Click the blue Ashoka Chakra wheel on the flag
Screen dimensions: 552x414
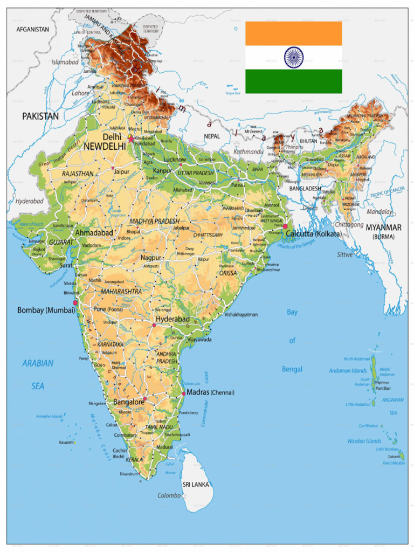tap(294, 57)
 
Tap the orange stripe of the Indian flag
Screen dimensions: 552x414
tap(294, 33)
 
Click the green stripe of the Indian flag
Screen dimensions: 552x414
tap(294, 81)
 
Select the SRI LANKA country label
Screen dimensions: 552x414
tap(196, 485)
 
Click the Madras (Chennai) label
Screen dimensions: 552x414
tap(210, 392)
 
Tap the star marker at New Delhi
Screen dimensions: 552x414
tap(130, 139)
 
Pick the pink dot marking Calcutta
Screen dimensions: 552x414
tap(285, 227)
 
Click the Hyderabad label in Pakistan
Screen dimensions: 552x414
tap(29, 201)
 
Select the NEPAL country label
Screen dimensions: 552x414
tap(212, 136)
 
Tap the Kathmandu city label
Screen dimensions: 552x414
tap(249, 152)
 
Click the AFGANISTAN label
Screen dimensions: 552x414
tap(33, 29)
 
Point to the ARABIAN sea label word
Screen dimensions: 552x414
tap(38, 363)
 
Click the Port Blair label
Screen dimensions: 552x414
tap(383, 388)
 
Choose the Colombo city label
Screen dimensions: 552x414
tap(169, 495)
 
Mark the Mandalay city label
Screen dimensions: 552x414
tap(379, 212)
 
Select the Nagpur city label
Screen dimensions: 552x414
tap(151, 258)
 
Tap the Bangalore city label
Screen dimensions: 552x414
tap(128, 402)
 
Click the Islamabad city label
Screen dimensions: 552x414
tap(65, 63)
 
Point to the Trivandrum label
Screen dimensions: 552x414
tap(129, 474)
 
